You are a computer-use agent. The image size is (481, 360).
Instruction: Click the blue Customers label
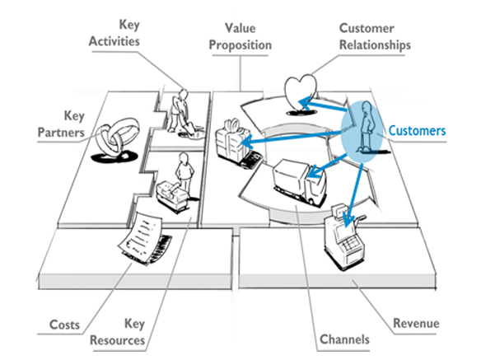click(417, 131)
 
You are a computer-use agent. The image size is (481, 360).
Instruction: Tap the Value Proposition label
click(240, 36)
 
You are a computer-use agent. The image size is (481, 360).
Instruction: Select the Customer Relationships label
click(375, 36)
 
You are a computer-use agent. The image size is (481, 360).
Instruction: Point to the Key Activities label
click(114, 33)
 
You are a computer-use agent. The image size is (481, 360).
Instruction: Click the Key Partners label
click(61, 124)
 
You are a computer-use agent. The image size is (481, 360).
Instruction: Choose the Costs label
click(64, 325)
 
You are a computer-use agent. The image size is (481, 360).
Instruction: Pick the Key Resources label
click(118, 332)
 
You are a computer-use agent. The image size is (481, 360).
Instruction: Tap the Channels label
click(344, 339)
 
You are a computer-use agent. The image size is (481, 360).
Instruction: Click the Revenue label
click(416, 323)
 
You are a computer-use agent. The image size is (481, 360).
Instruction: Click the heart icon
click(301, 92)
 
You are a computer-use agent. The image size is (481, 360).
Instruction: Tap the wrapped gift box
click(232, 142)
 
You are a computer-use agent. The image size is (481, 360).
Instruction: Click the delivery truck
click(299, 181)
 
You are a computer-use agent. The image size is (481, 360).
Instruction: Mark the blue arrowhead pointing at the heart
click(305, 103)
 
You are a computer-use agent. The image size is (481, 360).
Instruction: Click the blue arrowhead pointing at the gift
click(247, 142)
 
